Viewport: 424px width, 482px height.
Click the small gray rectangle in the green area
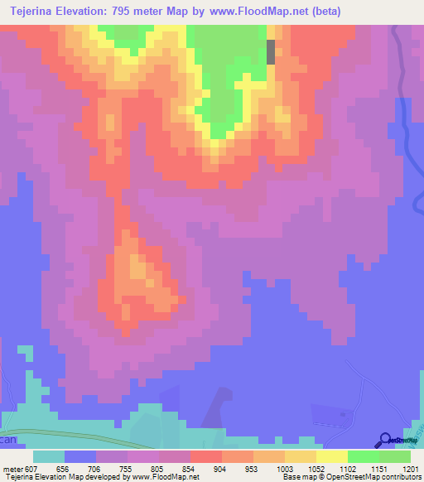(x=271, y=52)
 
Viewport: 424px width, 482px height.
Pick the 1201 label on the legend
(x=400, y=468)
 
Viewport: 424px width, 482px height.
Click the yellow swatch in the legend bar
(x=331, y=456)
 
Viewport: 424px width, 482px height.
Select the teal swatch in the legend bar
(x=48, y=456)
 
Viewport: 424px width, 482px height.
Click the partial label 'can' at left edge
(x=7, y=441)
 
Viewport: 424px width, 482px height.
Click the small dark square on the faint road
(x=342, y=412)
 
